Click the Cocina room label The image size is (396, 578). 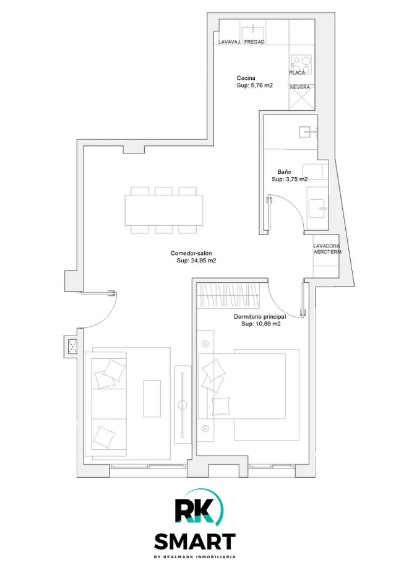click(x=246, y=78)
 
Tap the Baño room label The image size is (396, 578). click(x=284, y=172)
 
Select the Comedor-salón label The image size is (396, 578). click(x=191, y=253)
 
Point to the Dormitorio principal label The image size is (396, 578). click(x=260, y=317)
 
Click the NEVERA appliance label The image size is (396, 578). click(x=299, y=87)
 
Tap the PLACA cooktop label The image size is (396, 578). click(x=297, y=72)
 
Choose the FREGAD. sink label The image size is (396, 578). click(x=254, y=42)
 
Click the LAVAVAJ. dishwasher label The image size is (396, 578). click(x=230, y=42)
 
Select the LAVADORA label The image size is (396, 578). click(x=327, y=246)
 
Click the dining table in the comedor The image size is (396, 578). click(x=164, y=210)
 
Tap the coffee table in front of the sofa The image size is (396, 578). click(x=152, y=399)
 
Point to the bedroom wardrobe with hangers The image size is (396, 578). click(x=228, y=296)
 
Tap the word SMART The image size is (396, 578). click(x=195, y=541)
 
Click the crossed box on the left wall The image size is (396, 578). click(x=72, y=346)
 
